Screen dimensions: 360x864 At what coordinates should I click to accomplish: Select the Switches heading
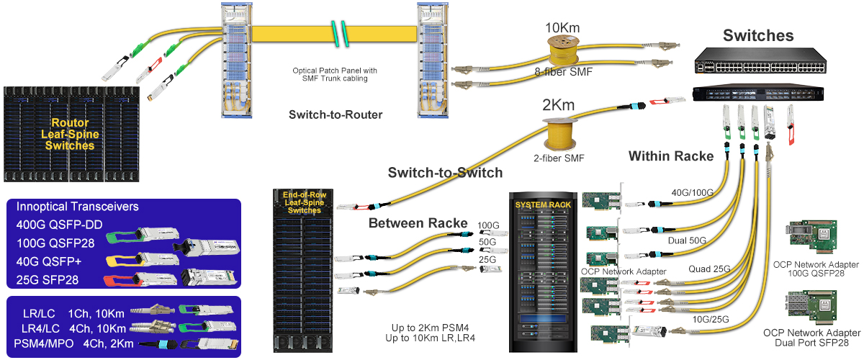pos(758,36)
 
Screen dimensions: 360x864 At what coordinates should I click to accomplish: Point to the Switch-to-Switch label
pos(445,173)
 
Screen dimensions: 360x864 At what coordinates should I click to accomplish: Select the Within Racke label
pos(671,156)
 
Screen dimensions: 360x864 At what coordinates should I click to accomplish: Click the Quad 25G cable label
pos(711,269)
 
